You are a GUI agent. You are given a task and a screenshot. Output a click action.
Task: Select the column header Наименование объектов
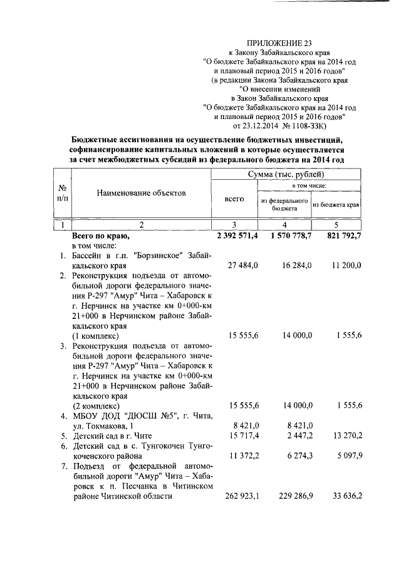pyautogui.click(x=141, y=193)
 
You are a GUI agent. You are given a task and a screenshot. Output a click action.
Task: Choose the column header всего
pyautogui.click(x=234, y=199)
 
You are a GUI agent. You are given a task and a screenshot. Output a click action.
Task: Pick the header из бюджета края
pyautogui.click(x=336, y=204)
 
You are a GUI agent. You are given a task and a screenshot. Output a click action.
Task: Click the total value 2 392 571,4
pyautogui.click(x=237, y=236)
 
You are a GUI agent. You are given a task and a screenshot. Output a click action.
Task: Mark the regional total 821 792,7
pyautogui.click(x=341, y=236)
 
